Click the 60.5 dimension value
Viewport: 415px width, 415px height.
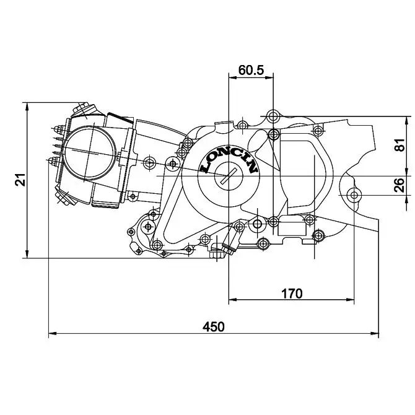point(251,70)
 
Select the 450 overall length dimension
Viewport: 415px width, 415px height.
point(214,326)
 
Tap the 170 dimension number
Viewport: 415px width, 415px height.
point(291,293)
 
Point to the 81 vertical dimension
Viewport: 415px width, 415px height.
point(401,146)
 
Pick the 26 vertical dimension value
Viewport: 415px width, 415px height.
point(401,185)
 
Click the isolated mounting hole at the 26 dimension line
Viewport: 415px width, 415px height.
point(354,196)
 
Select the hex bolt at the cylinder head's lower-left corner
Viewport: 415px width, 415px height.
point(63,196)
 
